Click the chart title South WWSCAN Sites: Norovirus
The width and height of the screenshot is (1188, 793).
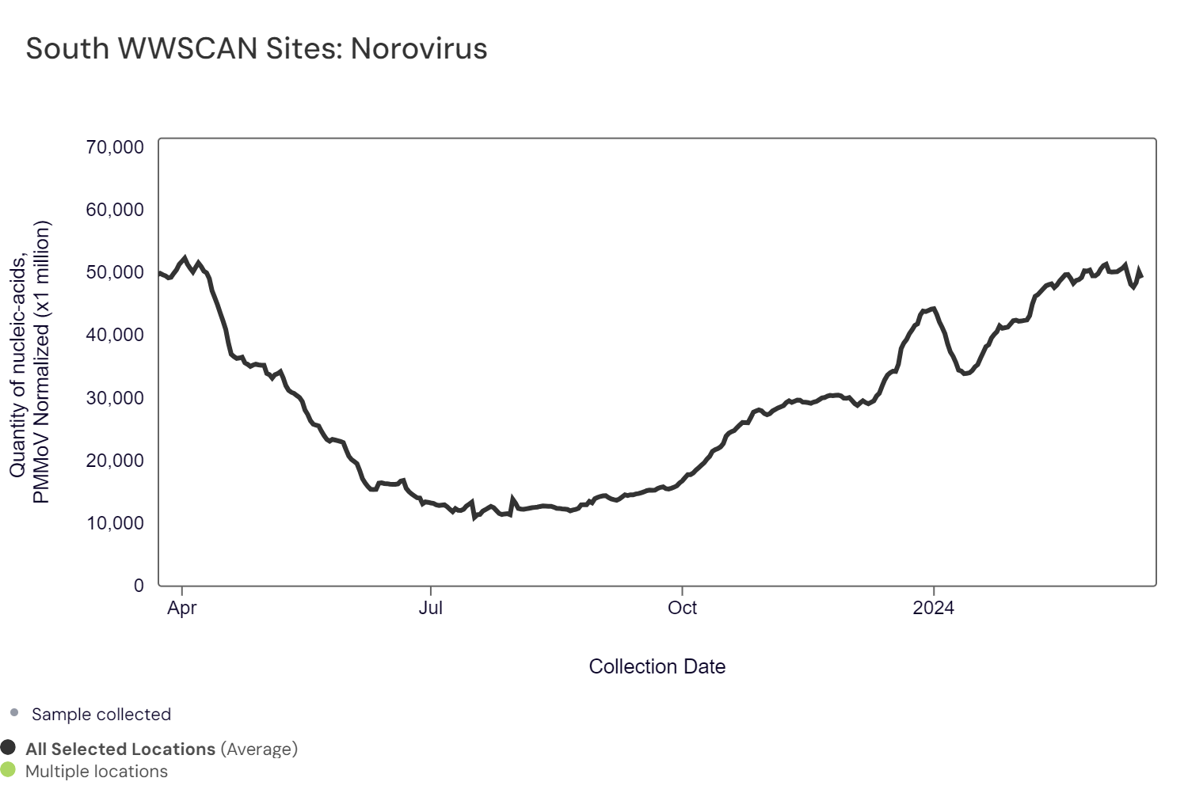[256, 49]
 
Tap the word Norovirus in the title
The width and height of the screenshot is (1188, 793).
[419, 49]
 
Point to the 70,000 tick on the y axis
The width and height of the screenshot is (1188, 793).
[115, 147]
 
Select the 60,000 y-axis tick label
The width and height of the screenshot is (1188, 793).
[115, 210]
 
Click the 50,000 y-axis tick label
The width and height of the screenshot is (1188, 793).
[115, 272]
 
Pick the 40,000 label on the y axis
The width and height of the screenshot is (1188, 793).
[115, 335]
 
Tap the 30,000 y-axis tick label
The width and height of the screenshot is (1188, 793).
[115, 398]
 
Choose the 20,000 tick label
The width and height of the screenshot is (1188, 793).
[115, 461]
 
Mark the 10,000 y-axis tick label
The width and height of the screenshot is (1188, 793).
[115, 523]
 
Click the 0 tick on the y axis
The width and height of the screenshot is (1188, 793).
[139, 586]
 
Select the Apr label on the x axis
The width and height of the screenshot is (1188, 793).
[182, 608]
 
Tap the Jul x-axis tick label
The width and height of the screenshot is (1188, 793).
[431, 608]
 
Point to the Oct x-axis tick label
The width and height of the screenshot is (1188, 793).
[682, 608]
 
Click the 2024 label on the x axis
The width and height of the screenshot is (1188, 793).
[933, 608]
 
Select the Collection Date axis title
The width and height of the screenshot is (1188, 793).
[657, 667]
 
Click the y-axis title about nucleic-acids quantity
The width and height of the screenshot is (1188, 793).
[30, 362]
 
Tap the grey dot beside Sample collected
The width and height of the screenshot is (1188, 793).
[14, 713]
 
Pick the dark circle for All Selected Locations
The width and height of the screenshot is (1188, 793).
[8, 748]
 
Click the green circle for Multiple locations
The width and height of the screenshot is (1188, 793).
[8, 770]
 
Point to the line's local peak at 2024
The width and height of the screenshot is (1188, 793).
[934, 309]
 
